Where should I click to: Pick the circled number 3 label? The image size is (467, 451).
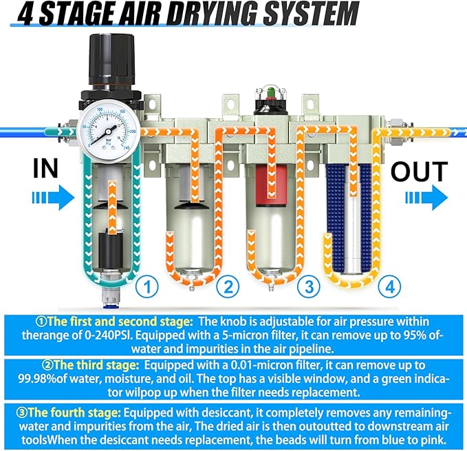308,284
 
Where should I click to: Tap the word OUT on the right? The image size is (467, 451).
420,171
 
